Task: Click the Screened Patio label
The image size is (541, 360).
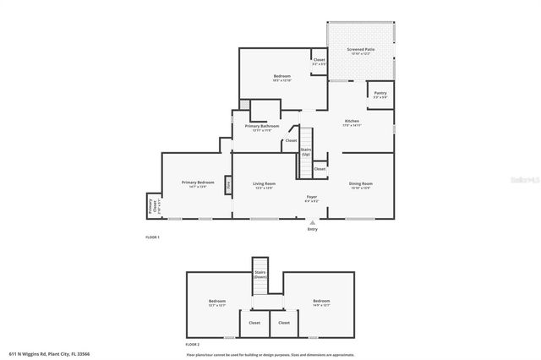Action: (x=361, y=50)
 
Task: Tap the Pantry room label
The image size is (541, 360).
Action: (x=380, y=95)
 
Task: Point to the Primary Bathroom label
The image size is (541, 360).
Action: (x=262, y=127)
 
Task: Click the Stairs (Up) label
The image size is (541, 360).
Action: (x=305, y=152)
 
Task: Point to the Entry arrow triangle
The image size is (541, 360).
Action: (x=312, y=222)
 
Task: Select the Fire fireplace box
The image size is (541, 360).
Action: (x=228, y=184)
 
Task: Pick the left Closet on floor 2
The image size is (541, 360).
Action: (x=254, y=322)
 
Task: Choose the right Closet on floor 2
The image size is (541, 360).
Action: (x=284, y=322)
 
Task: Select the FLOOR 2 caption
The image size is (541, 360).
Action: (x=193, y=345)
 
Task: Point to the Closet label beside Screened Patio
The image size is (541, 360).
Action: (x=319, y=60)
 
